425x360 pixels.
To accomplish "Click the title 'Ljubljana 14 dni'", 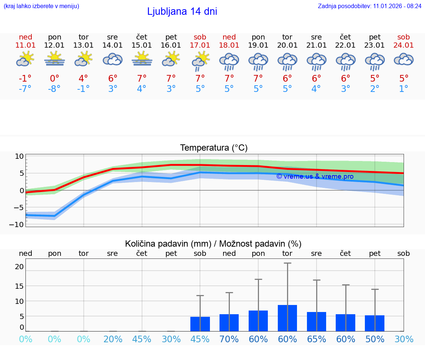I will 182,11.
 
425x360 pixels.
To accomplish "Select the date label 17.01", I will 200,45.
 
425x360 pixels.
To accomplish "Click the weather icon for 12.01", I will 55,59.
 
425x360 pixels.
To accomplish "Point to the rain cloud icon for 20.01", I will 287,61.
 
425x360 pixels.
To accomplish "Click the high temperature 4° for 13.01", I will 83,79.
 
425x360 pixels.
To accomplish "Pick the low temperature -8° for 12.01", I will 54,89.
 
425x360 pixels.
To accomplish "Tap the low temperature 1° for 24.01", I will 404,89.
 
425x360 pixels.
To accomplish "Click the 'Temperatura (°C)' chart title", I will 214,148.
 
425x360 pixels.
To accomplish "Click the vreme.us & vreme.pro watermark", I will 315,176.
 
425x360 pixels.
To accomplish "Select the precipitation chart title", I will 213,244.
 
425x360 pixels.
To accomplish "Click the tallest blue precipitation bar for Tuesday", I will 287,318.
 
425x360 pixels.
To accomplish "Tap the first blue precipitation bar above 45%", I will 200,324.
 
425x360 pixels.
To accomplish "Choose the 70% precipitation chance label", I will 229,339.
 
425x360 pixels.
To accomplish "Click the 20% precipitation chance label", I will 113,339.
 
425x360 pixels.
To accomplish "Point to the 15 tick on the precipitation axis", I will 19,286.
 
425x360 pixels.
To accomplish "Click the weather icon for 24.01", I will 404,59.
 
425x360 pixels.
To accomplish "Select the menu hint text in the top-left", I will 41,6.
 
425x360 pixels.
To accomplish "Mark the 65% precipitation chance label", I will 317,339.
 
